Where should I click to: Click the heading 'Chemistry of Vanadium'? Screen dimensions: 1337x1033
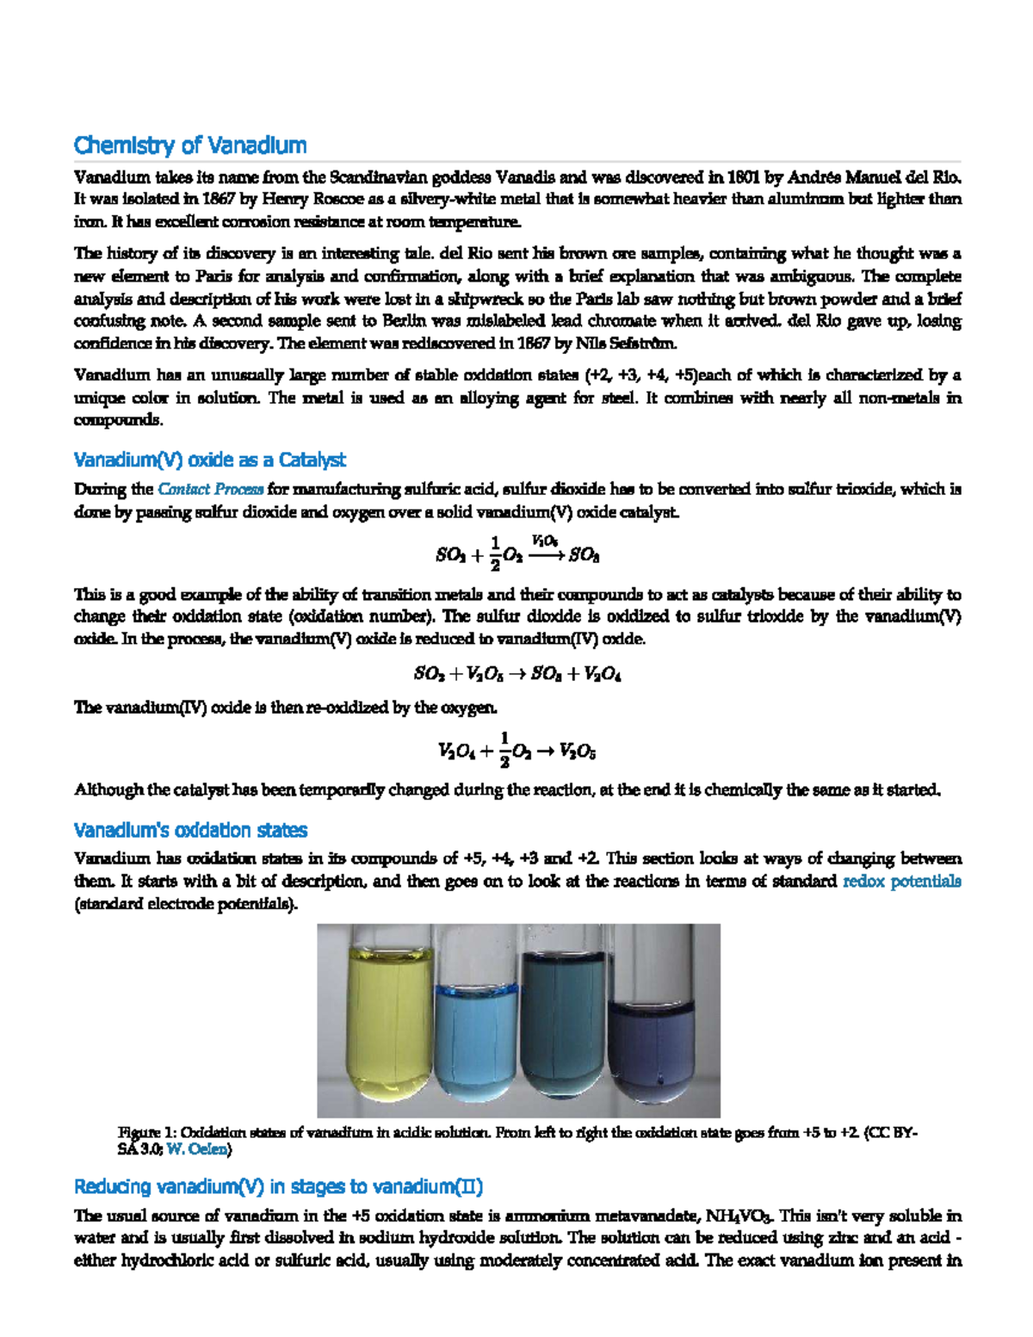pos(190,145)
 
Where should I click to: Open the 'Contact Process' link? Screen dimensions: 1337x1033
pos(210,489)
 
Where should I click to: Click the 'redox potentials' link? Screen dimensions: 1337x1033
pos(901,881)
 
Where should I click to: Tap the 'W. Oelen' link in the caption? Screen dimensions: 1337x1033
pos(196,1148)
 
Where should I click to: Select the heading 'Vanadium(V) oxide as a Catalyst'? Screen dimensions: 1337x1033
pos(209,460)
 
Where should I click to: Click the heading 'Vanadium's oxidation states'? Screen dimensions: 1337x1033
pos(190,830)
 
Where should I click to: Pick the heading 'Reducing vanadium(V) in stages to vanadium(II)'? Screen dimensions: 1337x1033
pos(278,1186)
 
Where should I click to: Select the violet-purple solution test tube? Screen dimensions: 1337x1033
pos(651,1046)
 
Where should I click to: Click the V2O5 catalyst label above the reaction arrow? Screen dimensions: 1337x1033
pos(544,541)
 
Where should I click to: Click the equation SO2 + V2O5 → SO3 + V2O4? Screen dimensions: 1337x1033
pos(517,674)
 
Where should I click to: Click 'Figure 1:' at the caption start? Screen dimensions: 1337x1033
pos(147,1132)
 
